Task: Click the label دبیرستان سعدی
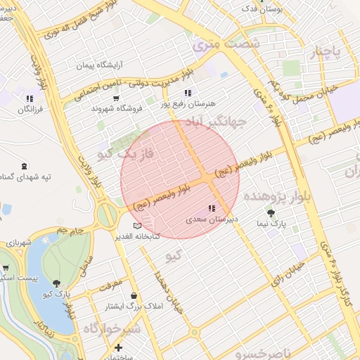(x=212, y=219)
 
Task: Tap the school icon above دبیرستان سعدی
(x=212, y=209)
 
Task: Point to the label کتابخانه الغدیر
(x=138, y=236)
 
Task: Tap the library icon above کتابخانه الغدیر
(x=136, y=225)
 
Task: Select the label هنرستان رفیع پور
(x=188, y=103)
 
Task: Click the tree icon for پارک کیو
(x=56, y=283)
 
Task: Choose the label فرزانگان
(x=30, y=110)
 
